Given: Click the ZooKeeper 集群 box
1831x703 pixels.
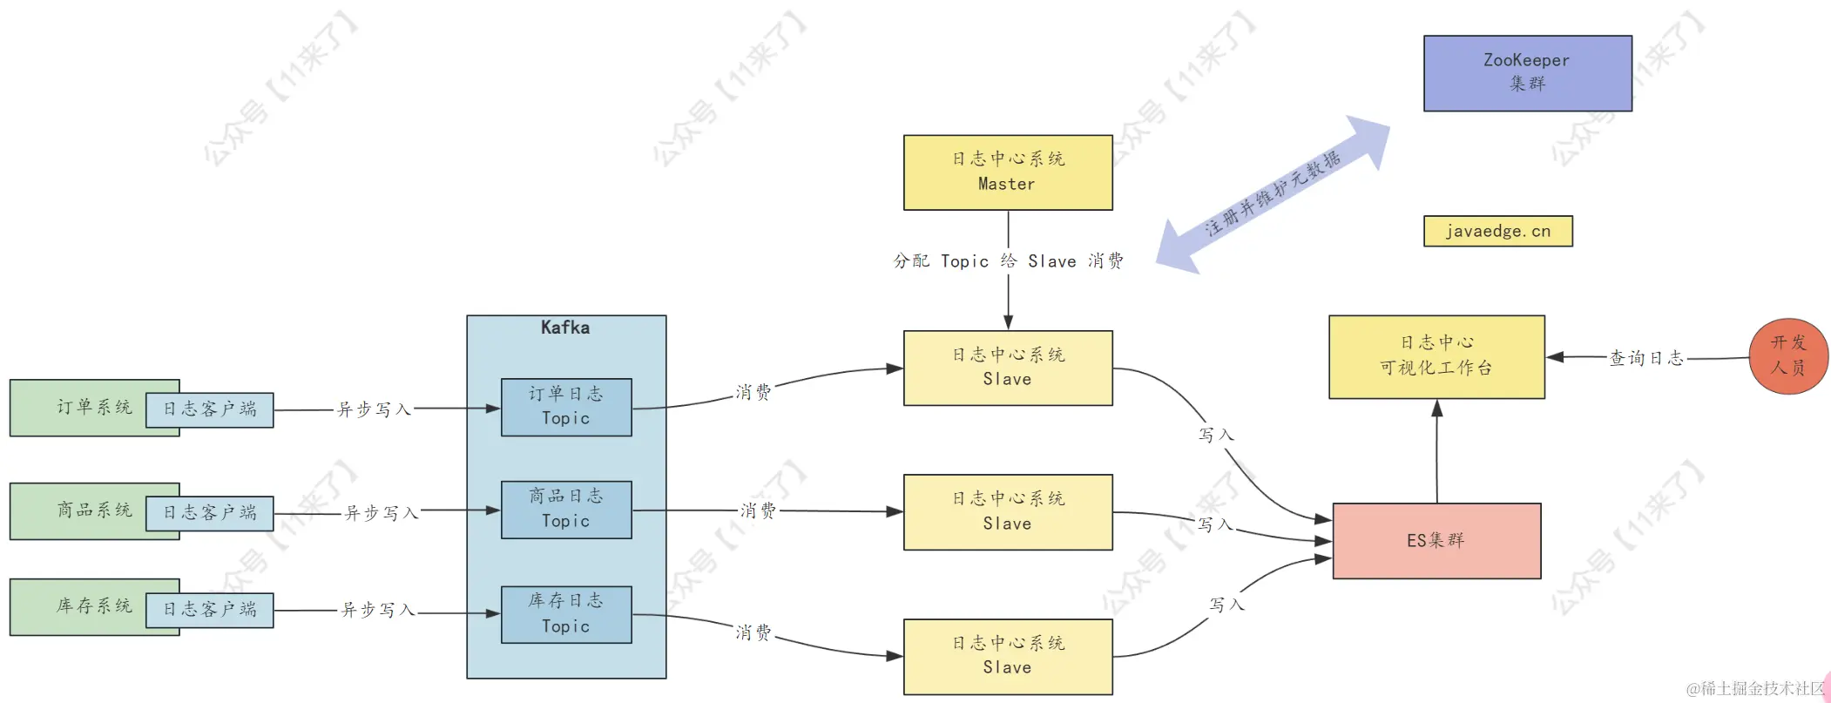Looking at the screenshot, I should coord(1527,73).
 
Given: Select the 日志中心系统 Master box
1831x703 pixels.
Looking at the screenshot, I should coord(1007,172).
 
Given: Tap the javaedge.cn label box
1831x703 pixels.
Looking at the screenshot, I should coord(1497,232).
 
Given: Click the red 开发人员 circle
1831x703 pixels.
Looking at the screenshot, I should coord(1787,355).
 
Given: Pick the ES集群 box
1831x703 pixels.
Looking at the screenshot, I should coord(1436,541).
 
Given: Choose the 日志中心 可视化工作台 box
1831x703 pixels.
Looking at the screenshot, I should coord(1436,356).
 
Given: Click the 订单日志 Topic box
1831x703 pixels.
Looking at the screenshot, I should coord(566,407).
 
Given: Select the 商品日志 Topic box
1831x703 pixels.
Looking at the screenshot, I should coord(566,510).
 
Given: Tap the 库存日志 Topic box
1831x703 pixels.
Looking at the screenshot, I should coord(566,614).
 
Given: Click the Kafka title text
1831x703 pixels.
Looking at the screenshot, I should coord(565,328).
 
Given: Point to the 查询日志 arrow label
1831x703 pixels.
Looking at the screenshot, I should coord(1645,358).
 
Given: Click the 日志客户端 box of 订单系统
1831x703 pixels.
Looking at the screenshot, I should coord(209,409).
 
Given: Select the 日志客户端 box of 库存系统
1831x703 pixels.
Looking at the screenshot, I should coord(209,610).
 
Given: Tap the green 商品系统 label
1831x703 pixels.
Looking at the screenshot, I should coord(94,510).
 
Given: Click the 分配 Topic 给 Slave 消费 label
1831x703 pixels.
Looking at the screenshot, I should coord(1008,261).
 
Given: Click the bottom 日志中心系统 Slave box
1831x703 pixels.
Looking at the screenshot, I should coord(1007,656).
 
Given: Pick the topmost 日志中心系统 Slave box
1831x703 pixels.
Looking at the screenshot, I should coord(1007,368).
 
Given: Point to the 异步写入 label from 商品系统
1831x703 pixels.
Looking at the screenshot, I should coord(381,513).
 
